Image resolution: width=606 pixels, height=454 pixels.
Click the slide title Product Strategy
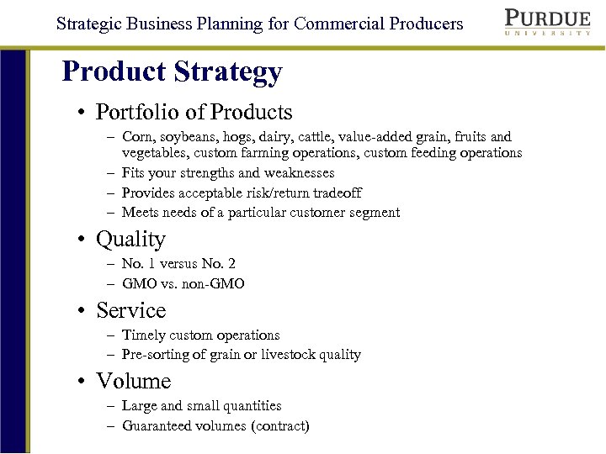click(x=172, y=71)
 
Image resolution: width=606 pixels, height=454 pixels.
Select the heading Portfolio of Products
click(x=194, y=112)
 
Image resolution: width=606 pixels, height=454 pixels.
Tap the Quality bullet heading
click(x=130, y=240)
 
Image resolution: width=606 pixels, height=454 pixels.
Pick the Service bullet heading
click(x=130, y=310)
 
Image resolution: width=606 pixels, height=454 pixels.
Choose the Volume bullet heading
click(x=133, y=381)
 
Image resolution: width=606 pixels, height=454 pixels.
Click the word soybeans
click(x=190, y=137)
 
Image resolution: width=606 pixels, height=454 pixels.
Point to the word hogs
click(x=240, y=137)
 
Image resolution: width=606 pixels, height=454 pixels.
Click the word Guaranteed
click(x=160, y=426)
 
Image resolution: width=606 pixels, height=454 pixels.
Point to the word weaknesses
click(x=299, y=173)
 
